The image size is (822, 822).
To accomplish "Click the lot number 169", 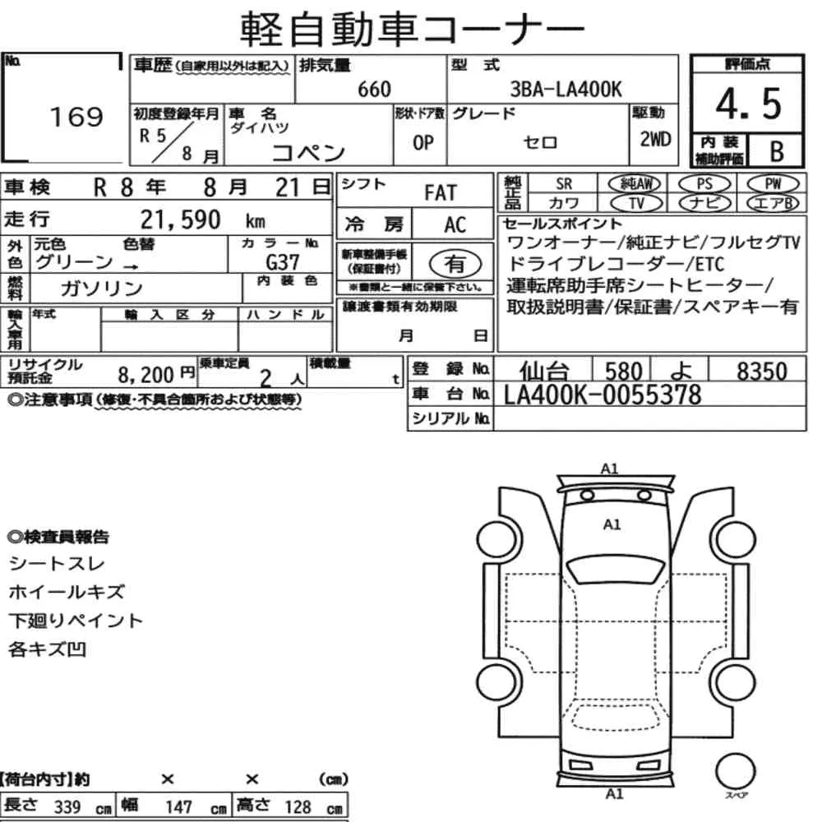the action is pyautogui.click(x=76, y=117).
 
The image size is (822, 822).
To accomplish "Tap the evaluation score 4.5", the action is pyautogui.click(x=748, y=104).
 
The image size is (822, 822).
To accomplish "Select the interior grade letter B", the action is pyautogui.click(x=777, y=151).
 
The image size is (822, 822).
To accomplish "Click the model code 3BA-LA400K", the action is pyautogui.click(x=566, y=90).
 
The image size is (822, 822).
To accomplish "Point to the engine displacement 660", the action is pyautogui.click(x=374, y=90).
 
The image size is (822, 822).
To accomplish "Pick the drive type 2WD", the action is pyautogui.click(x=655, y=139).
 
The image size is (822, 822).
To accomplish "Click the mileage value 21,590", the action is pyautogui.click(x=180, y=219).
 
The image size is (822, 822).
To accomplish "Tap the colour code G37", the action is pyautogui.click(x=283, y=262).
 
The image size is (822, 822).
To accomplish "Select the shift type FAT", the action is pyautogui.click(x=441, y=193).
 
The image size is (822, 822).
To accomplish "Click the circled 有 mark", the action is pyautogui.click(x=455, y=264).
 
